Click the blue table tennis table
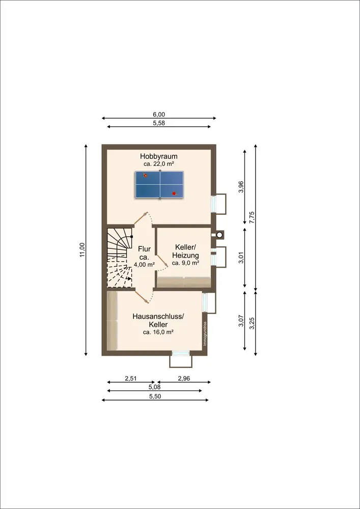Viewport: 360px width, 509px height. pyautogui.click(x=159, y=185)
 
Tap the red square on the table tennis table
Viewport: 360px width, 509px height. pyautogui.click(x=174, y=193)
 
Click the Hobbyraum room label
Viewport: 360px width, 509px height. pyautogui.click(x=159, y=156)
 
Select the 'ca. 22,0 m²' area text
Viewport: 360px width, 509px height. pyautogui.click(x=159, y=164)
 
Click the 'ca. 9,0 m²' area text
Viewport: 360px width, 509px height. pyautogui.click(x=185, y=263)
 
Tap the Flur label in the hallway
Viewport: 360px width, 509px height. pyautogui.click(x=145, y=249)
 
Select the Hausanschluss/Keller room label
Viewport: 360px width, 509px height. pyautogui.click(x=158, y=320)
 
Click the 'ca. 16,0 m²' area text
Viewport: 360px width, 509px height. pyautogui.click(x=158, y=332)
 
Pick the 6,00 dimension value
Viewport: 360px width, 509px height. pyautogui.click(x=159, y=115)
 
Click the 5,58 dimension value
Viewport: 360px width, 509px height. pyautogui.click(x=159, y=123)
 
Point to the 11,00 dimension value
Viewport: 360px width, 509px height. pyautogui.click(x=82, y=250)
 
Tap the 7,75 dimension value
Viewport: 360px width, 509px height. pyautogui.click(x=251, y=217)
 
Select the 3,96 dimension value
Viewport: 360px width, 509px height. pyautogui.click(x=241, y=187)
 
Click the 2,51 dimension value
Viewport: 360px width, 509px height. pyautogui.click(x=131, y=378)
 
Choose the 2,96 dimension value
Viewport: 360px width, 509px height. pyautogui.click(x=184, y=378)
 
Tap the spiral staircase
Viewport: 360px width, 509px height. pyautogui.click(x=119, y=257)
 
